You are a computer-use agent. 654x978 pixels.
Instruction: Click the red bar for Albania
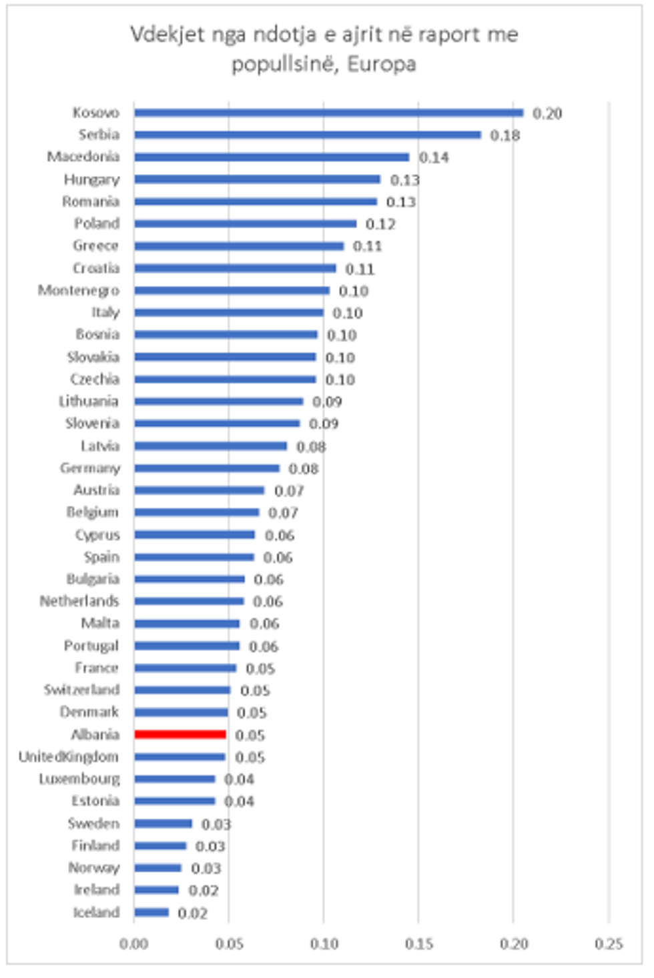(x=180, y=735)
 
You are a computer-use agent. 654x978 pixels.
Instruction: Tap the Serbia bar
(x=307, y=135)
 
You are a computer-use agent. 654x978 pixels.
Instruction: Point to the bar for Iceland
(x=151, y=912)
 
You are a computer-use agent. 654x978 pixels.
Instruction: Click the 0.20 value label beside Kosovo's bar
(x=547, y=113)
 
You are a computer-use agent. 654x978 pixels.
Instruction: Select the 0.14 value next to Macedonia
(x=434, y=157)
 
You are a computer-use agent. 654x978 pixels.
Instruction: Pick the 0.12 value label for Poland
(x=380, y=224)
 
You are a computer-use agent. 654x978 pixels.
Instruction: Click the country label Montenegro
(x=79, y=290)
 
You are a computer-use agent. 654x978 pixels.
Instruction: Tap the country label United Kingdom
(x=69, y=757)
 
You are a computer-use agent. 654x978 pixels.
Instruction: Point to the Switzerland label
(x=81, y=690)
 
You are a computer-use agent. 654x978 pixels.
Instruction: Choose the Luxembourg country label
(x=79, y=779)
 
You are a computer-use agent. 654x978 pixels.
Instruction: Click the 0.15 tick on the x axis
(x=418, y=943)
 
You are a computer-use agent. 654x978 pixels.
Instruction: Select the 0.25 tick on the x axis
(x=609, y=943)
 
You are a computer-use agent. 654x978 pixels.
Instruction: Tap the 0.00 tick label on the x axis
(x=134, y=943)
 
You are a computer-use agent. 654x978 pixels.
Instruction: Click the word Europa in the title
(x=382, y=64)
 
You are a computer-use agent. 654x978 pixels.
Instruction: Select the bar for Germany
(x=207, y=468)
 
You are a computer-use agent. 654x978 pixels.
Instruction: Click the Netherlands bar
(x=189, y=601)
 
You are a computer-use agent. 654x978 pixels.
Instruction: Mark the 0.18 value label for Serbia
(x=505, y=135)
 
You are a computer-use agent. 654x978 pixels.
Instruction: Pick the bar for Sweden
(x=163, y=823)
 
